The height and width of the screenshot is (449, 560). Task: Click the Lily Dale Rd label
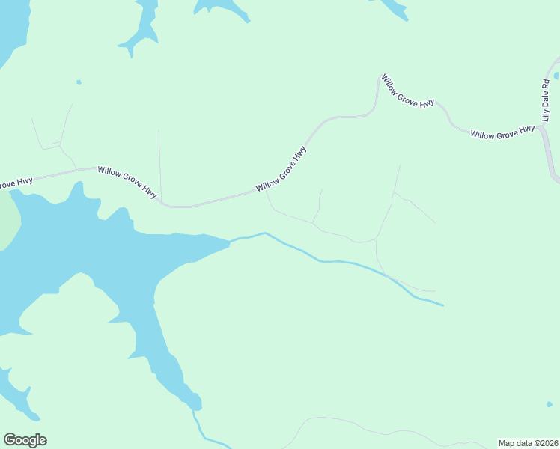547,100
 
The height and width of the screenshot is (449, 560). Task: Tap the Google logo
25,440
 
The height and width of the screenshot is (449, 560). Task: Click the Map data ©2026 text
528,443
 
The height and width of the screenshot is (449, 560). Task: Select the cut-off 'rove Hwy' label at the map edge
14,183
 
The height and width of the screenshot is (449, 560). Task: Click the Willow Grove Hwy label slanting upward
281,170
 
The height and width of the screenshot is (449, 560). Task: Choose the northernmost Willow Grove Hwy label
407,91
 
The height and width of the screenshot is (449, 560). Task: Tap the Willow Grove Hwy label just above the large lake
127,181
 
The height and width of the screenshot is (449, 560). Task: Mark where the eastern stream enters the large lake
231,241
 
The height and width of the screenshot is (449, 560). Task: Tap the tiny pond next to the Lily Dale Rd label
556,76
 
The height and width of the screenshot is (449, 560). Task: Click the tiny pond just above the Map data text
550,405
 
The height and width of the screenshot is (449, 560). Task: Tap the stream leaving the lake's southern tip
198,424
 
